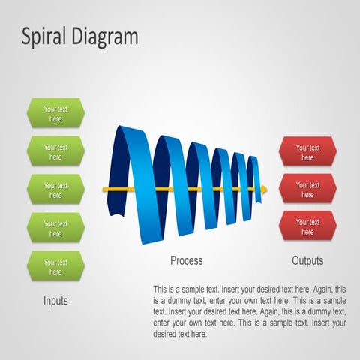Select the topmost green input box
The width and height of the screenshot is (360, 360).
pos(55,113)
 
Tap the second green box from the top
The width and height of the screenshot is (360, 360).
pos(55,152)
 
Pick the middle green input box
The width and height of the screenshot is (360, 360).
pos(55,190)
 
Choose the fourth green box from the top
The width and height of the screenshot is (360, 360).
pos(55,228)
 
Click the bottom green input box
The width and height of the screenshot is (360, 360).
pos(55,267)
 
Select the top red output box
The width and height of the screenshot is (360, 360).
pos(307,152)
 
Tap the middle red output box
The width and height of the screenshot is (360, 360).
pos(307,190)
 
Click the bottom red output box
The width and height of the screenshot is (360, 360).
pos(307,226)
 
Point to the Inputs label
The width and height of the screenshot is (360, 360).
pos(55,301)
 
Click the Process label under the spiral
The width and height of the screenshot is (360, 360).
pos(186,261)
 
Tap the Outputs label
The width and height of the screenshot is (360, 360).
pos(307,261)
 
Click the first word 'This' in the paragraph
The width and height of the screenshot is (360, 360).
pos(160,289)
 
